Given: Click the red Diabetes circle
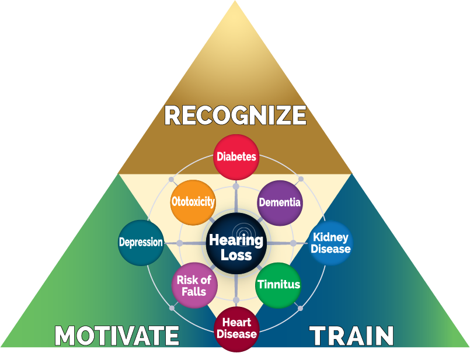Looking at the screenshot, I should click(236, 156).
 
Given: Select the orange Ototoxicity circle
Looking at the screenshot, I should click(193, 202).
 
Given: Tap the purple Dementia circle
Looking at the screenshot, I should click(280, 202).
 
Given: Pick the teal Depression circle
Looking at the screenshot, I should click(141, 242).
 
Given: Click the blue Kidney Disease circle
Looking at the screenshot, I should click(331, 243).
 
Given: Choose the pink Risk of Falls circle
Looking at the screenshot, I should click(193, 285).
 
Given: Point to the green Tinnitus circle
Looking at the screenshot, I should click(278, 285).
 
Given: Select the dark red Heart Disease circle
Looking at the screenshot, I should click(236, 328).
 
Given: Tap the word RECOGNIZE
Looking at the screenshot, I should click(235, 115).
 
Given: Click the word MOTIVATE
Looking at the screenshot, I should click(117, 336).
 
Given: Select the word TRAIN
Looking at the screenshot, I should click(351, 336).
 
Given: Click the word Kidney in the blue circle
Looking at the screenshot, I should click(331, 237).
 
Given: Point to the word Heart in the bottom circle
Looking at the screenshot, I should click(236, 323).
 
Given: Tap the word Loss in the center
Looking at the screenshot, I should click(236, 255).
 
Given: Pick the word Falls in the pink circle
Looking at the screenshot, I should click(193, 291).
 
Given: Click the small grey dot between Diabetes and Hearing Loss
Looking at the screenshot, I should click(236, 187).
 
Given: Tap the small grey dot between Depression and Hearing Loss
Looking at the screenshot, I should click(180, 243).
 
